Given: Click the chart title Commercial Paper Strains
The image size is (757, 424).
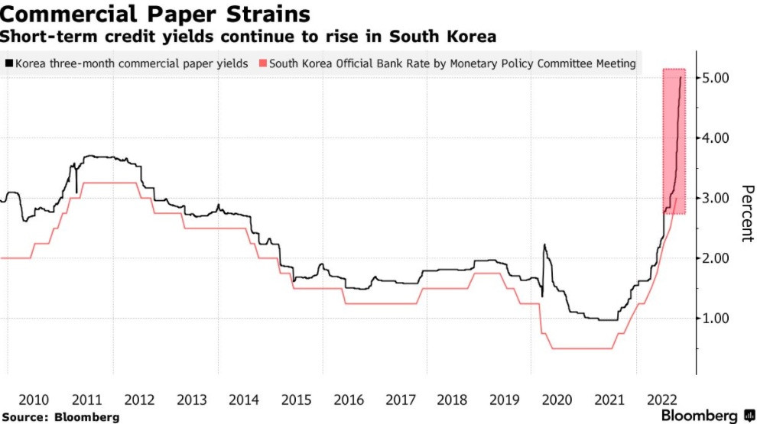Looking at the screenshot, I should coord(158,14).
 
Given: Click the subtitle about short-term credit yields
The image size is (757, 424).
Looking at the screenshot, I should coord(249,36).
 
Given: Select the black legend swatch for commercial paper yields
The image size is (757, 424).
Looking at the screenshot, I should coord(8,64).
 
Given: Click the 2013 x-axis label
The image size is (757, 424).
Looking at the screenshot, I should coord(191,400).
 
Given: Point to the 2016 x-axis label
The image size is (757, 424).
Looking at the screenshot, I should coord(349,400).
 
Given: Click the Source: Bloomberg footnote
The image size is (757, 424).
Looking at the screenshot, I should coord(60,417).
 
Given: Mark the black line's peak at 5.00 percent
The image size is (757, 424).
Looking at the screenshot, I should coord(681,77).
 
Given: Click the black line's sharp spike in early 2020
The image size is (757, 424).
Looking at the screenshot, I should coord(544,245).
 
